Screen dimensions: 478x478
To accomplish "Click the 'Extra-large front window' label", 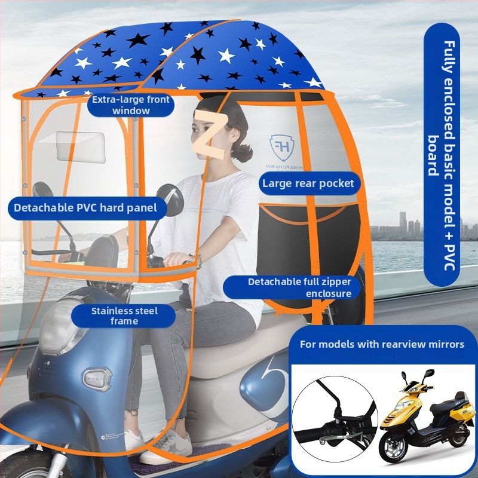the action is (x=131, y=105).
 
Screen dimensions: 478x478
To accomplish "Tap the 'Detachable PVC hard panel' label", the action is (x=87, y=208).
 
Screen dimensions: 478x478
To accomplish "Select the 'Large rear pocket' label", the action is (x=308, y=183).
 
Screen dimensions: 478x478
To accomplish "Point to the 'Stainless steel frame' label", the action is (x=124, y=316).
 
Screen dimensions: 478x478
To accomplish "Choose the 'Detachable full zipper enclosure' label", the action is (x=292, y=287).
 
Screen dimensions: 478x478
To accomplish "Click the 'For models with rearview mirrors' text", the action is (x=382, y=344).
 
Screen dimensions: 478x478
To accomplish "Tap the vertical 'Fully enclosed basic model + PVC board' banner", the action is (x=442, y=155).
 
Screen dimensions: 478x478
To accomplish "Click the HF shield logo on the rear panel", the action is (x=281, y=148).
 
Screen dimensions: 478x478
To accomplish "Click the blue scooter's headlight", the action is (x=60, y=327).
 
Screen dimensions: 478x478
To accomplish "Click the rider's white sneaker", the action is (x=167, y=446).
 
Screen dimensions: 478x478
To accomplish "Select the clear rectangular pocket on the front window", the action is (x=81, y=147).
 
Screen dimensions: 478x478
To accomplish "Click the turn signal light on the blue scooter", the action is (x=95, y=379).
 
